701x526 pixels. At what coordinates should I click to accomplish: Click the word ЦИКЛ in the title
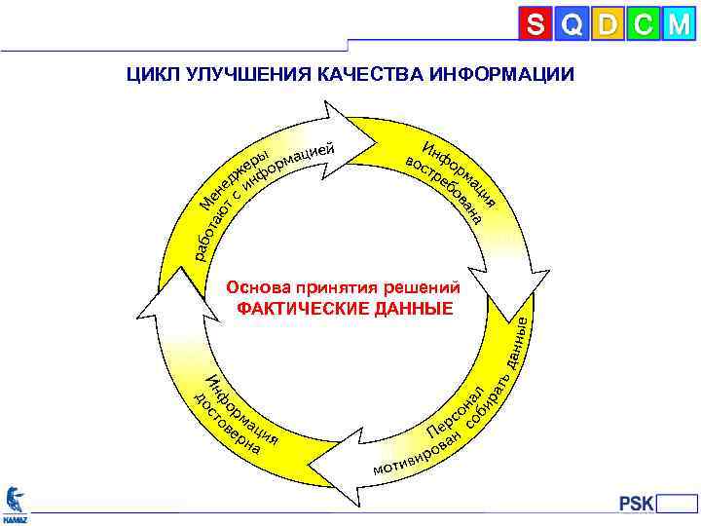coord(149,75)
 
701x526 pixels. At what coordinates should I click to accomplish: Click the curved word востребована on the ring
coord(444,191)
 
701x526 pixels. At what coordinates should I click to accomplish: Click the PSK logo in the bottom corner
coord(638,503)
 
